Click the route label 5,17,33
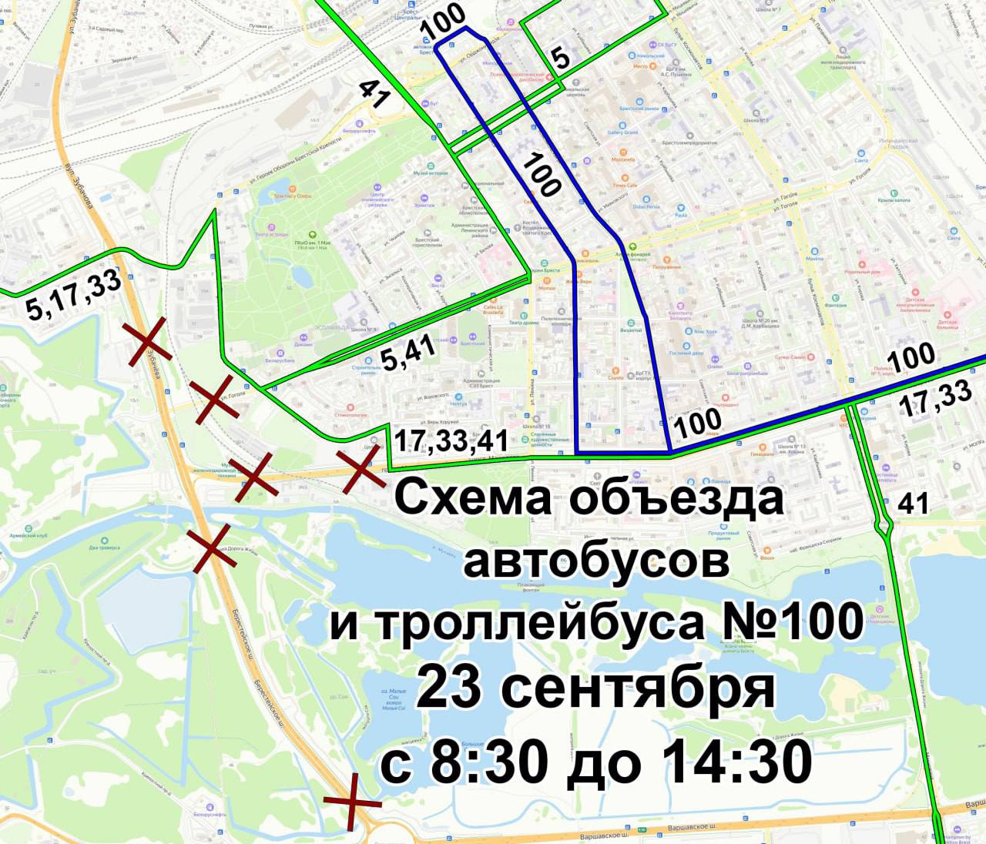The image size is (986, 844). pos(74,295)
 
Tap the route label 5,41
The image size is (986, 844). pos(408,353)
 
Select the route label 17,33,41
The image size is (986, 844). pos(451,440)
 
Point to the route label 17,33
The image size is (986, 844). pos(936,399)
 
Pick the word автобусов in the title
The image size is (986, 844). pos(595,561)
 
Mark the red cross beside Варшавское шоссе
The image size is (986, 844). pos(352,802)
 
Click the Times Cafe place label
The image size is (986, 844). pos(625,185)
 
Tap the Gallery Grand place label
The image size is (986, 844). pos(622,132)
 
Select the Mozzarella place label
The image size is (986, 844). pos(623,159)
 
